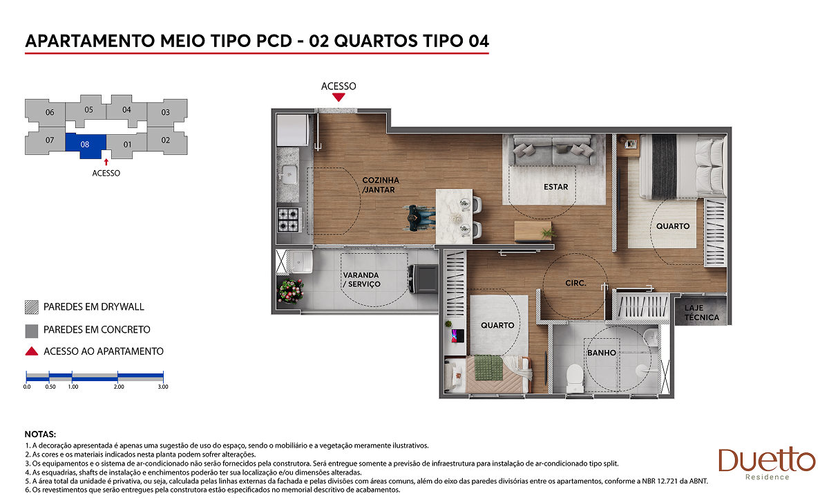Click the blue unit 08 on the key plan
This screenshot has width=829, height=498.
coord(85,144)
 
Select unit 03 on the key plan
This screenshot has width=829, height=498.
coord(166,112)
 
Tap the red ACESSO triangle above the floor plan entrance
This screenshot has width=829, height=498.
coord(339,97)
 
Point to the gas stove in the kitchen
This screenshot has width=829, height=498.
coord(288,220)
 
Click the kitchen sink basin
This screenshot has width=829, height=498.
coord(289,174)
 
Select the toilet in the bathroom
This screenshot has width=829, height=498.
coord(575,378)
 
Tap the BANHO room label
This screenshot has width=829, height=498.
coord(602,353)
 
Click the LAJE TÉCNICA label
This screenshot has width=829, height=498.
coord(701,313)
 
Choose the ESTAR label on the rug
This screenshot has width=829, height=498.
coord(555,187)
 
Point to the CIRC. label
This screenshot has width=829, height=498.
coord(575,283)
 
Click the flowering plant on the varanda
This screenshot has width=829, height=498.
coord(291,290)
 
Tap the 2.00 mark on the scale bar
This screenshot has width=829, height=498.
coord(118,387)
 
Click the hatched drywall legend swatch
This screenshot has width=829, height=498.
coord(32,307)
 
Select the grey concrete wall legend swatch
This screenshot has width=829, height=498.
coord(32,331)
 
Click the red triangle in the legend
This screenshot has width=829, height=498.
coord(32,351)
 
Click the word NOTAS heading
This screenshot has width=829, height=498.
coord(40,434)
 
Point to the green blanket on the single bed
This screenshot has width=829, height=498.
coord(488,367)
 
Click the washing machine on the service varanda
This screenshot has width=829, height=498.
coord(423,279)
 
